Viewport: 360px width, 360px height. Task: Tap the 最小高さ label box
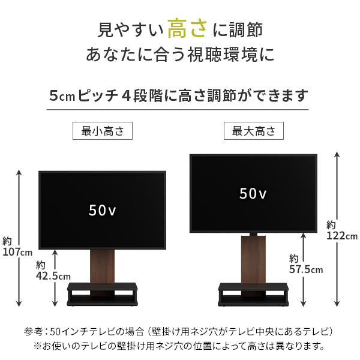(x=102, y=131)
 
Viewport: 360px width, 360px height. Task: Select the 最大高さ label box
(x=254, y=131)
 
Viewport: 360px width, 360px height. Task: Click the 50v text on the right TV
(x=253, y=193)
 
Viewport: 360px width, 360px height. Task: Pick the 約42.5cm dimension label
(x=49, y=271)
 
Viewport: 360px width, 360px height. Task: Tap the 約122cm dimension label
(x=342, y=230)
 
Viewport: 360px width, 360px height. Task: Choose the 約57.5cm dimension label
(x=305, y=263)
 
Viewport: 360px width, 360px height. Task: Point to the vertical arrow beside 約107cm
(x=20, y=204)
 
